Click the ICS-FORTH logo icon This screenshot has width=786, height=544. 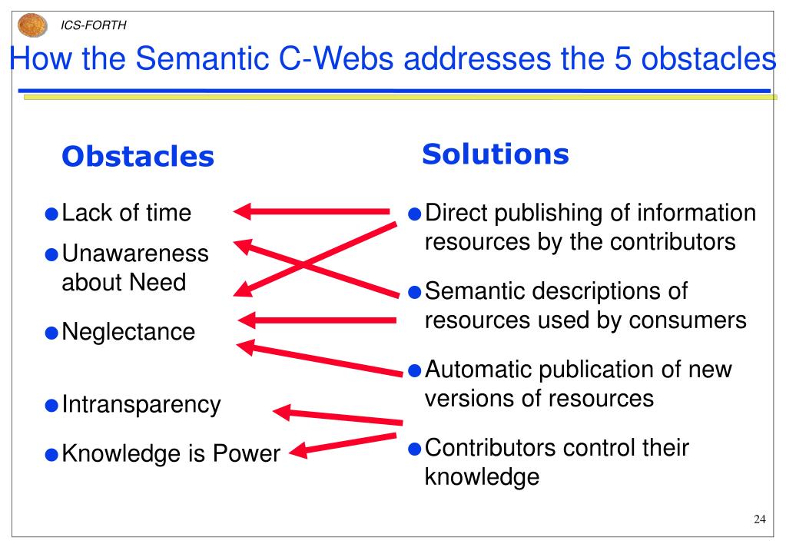(32, 25)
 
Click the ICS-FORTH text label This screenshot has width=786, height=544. (94, 25)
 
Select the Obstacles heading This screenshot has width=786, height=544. (138, 157)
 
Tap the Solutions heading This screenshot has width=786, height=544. (495, 154)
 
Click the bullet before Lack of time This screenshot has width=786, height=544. (51, 214)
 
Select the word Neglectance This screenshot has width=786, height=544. (128, 332)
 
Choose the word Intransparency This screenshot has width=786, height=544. (141, 404)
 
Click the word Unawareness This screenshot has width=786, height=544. (134, 254)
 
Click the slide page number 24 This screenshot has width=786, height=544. (759, 520)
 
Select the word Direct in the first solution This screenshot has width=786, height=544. (456, 213)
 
